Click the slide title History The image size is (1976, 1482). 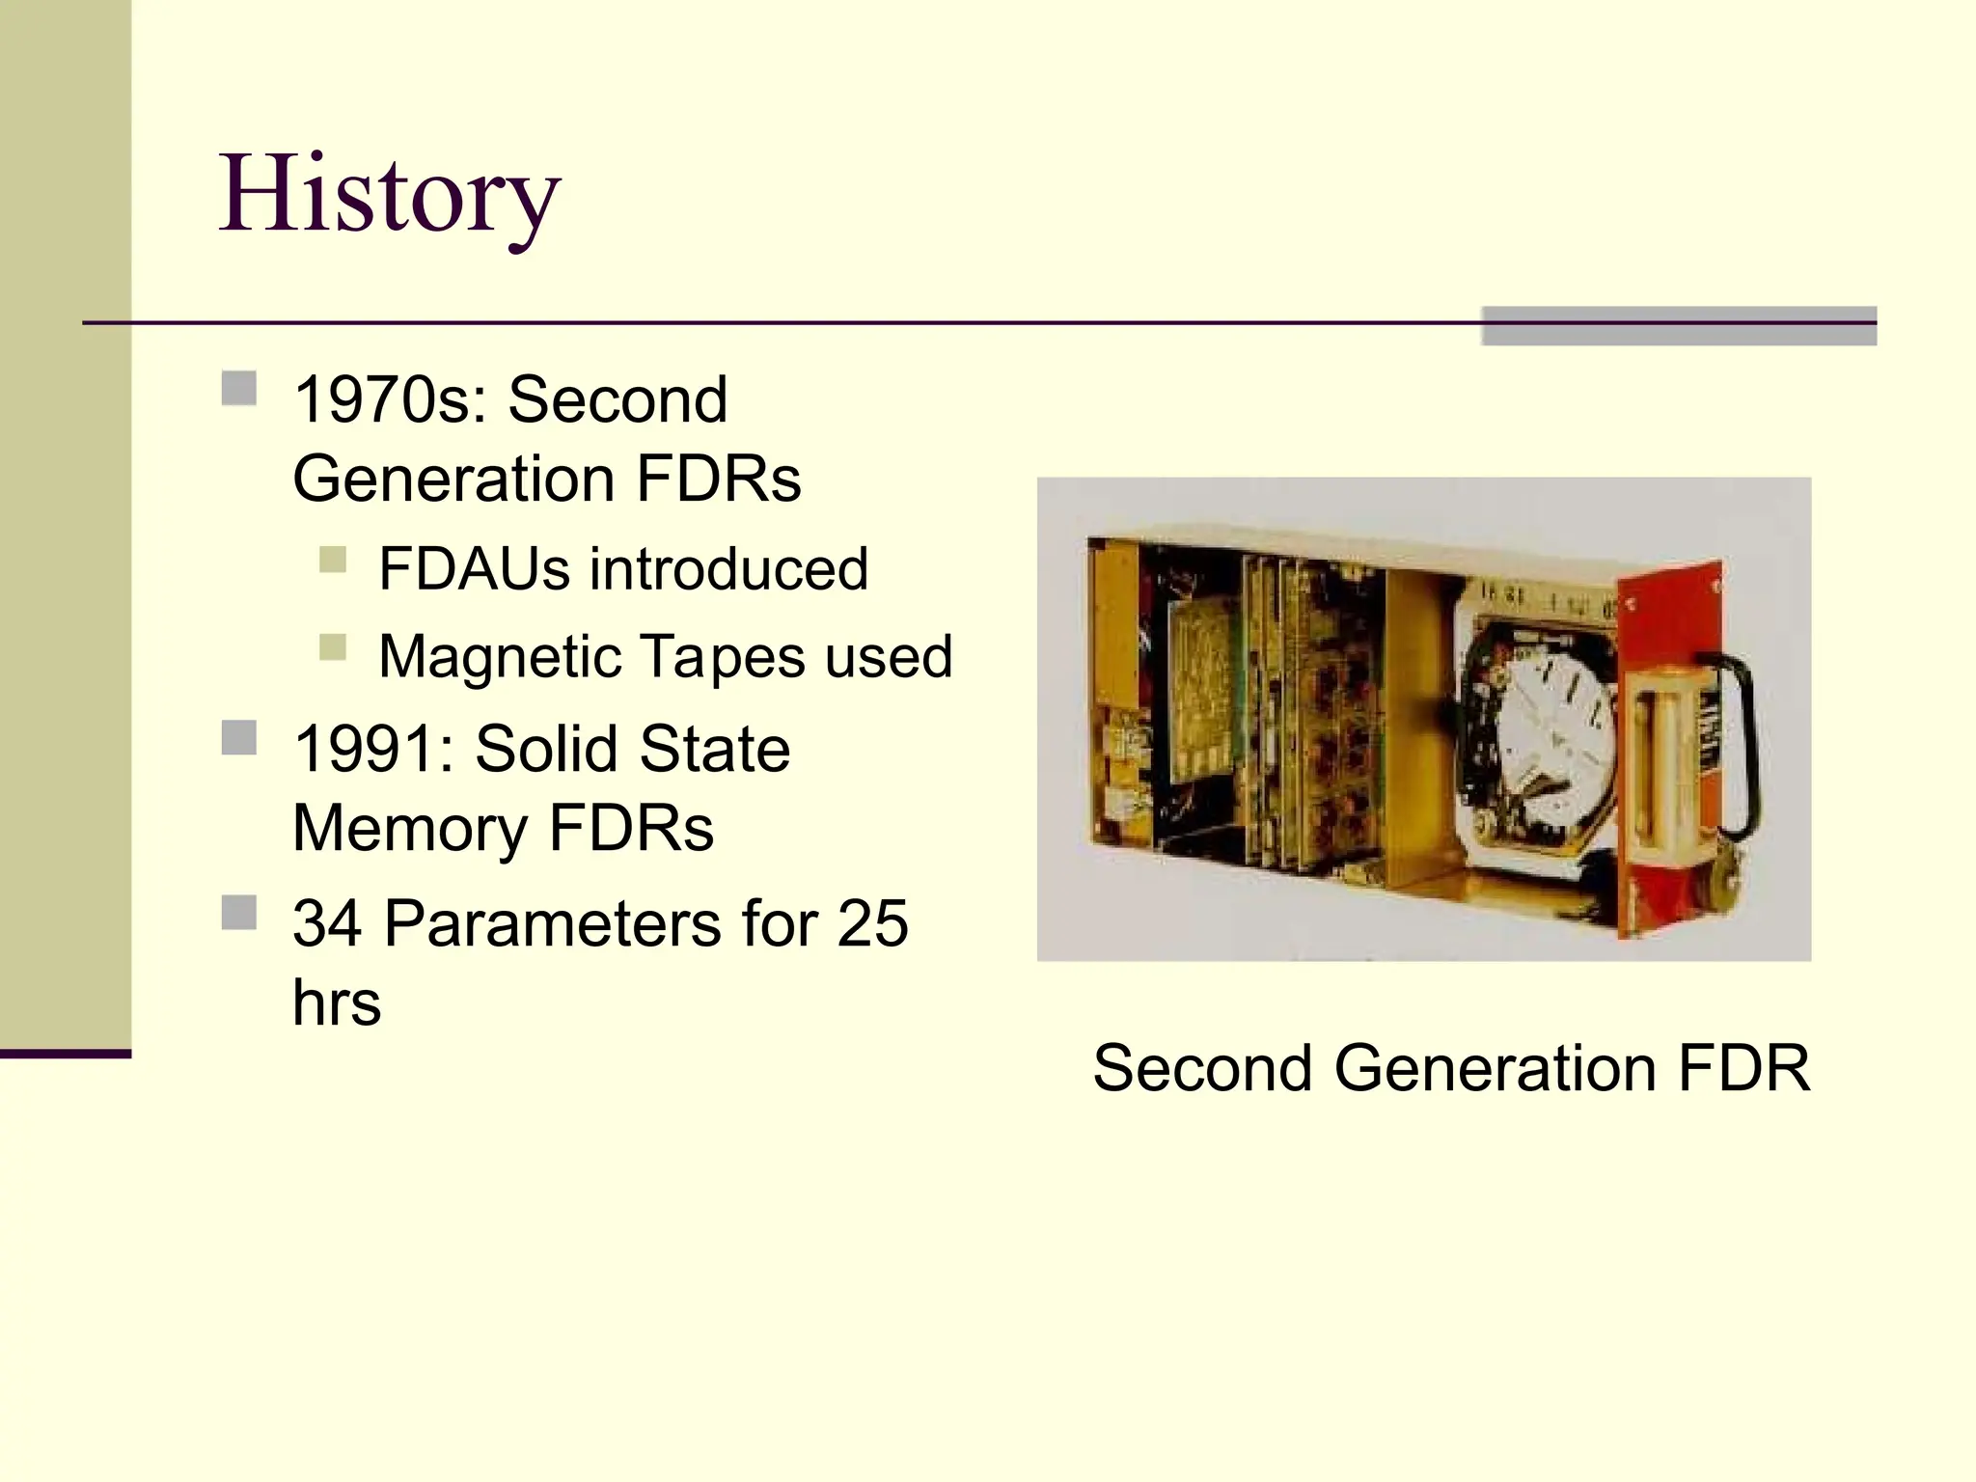tap(389, 196)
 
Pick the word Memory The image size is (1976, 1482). tap(408, 828)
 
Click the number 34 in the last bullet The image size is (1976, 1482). tap(327, 923)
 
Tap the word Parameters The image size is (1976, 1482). tap(553, 923)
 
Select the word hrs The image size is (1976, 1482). tap(337, 1002)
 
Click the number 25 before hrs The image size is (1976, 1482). tap(872, 923)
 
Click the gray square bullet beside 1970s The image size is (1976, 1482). tap(239, 389)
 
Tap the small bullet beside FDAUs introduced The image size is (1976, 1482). tap(333, 560)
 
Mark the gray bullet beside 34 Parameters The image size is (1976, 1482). tap(239, 913)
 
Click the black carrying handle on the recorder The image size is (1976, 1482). tap(1738, 743)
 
